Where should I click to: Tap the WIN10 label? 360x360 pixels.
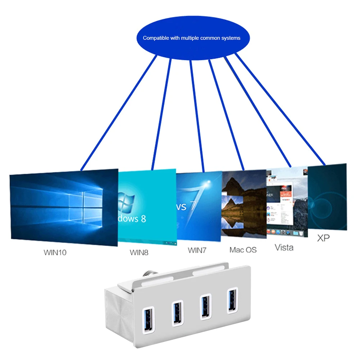coord(55,252)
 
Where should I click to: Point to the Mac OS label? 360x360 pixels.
coord(243,249)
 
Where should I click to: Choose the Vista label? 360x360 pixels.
coord(284,247)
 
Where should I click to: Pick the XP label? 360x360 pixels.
coord(323,238)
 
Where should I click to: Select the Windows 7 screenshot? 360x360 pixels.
coord(199,206)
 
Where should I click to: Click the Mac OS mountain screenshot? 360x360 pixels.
coord(244,204)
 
